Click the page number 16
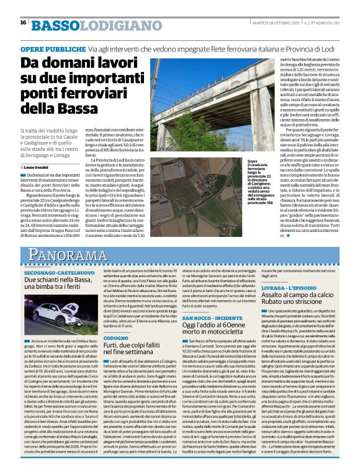point(23,22)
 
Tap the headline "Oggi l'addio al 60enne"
point(202,329)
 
